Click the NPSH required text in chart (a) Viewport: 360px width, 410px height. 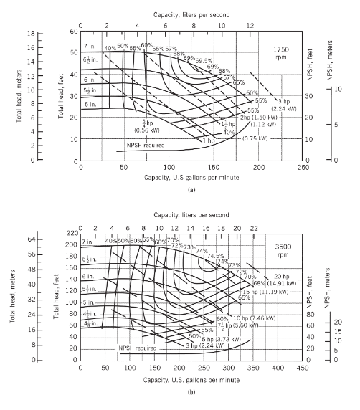(x=146, y=145)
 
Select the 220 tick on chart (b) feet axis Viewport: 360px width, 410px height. (x=71, y=233)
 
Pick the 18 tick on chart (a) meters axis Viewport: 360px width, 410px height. (x=32, y=33)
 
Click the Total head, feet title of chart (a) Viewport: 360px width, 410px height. (x=54, y=96)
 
